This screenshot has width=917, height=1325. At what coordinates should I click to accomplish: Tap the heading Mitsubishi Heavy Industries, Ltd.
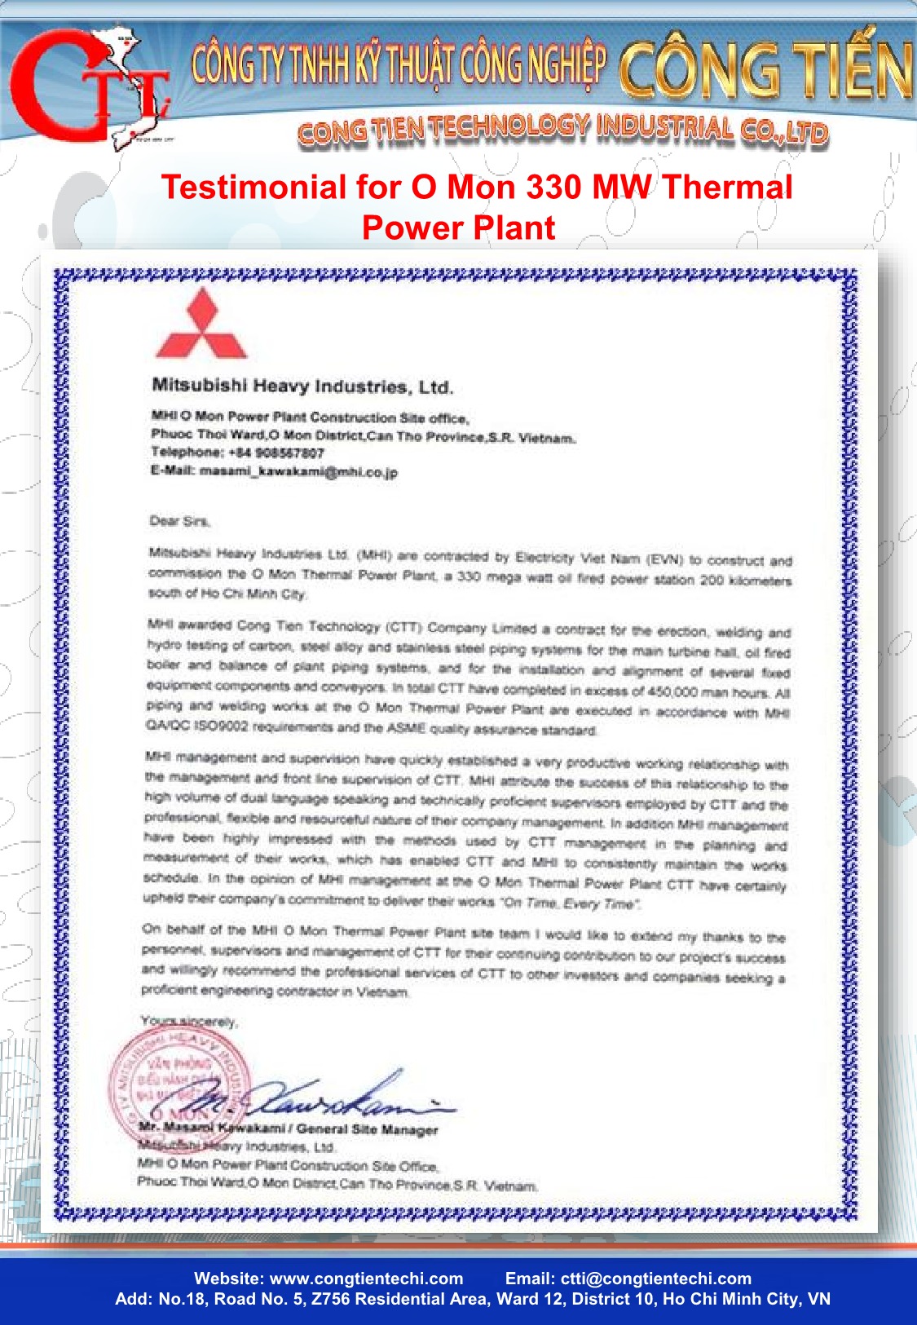click(302, 386)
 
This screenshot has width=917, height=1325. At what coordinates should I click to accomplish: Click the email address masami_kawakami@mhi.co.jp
click(298, 472)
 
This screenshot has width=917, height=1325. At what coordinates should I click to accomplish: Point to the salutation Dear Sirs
click(180, 521)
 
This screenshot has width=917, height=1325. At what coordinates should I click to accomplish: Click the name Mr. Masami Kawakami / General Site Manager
click(289, 1129)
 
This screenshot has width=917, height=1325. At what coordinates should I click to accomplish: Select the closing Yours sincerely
click(188, 1021)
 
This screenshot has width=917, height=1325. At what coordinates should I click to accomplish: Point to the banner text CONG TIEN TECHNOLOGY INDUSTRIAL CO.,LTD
click(562, 130)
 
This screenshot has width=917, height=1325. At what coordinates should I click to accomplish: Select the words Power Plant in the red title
click(459, 227)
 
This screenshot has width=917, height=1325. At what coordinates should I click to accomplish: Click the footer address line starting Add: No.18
click(473, 1299)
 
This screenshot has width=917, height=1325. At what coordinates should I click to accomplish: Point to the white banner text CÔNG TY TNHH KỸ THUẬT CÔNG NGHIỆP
click(399, 65)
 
